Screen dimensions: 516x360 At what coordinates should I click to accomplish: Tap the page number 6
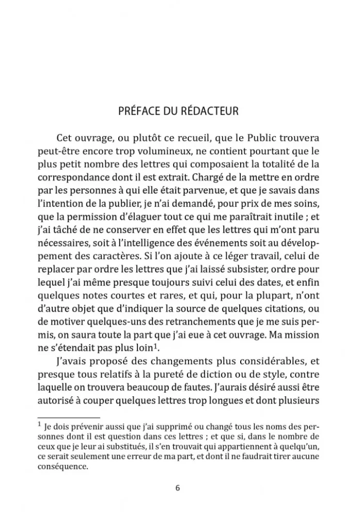[177, 488]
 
